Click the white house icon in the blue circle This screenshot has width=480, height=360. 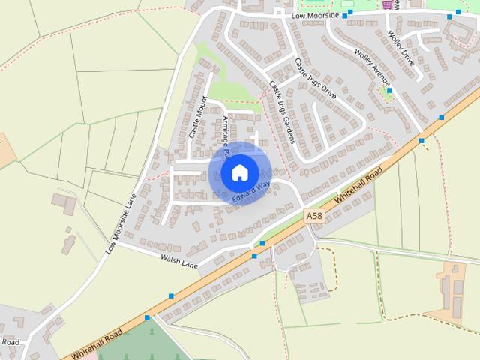point(239,172)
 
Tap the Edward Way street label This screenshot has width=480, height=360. point(251,191)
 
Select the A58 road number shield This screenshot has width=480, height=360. point(315,215)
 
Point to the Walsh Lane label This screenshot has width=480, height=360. point(178,260)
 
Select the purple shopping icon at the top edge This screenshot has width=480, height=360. point(387,4)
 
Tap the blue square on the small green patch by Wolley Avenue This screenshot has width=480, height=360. point(388,91)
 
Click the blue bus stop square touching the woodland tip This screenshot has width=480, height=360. point(147,318)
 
